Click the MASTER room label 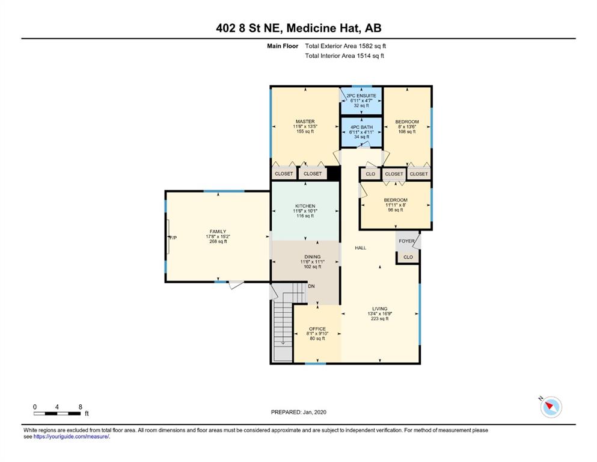coord(305,122)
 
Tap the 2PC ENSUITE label coord(361,96)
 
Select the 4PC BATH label coord(361,127)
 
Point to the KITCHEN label coord(305,206)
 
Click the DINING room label coord(312,257)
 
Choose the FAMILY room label coord(218,232)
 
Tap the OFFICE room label coord(317,328)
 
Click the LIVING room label coord(379,309)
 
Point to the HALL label coord(361,248)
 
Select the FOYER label coord(406,241)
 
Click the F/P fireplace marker coord(173,238)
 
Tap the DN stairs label coord(311,286)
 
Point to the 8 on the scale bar coord(81,407)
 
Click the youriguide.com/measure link coord(71,437)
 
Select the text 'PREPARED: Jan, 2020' coord(298,412)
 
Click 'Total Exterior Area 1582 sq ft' coord(345,46)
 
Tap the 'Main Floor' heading coord(283,46)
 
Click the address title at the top coord(298,28)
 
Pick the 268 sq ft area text coord(218,241)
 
